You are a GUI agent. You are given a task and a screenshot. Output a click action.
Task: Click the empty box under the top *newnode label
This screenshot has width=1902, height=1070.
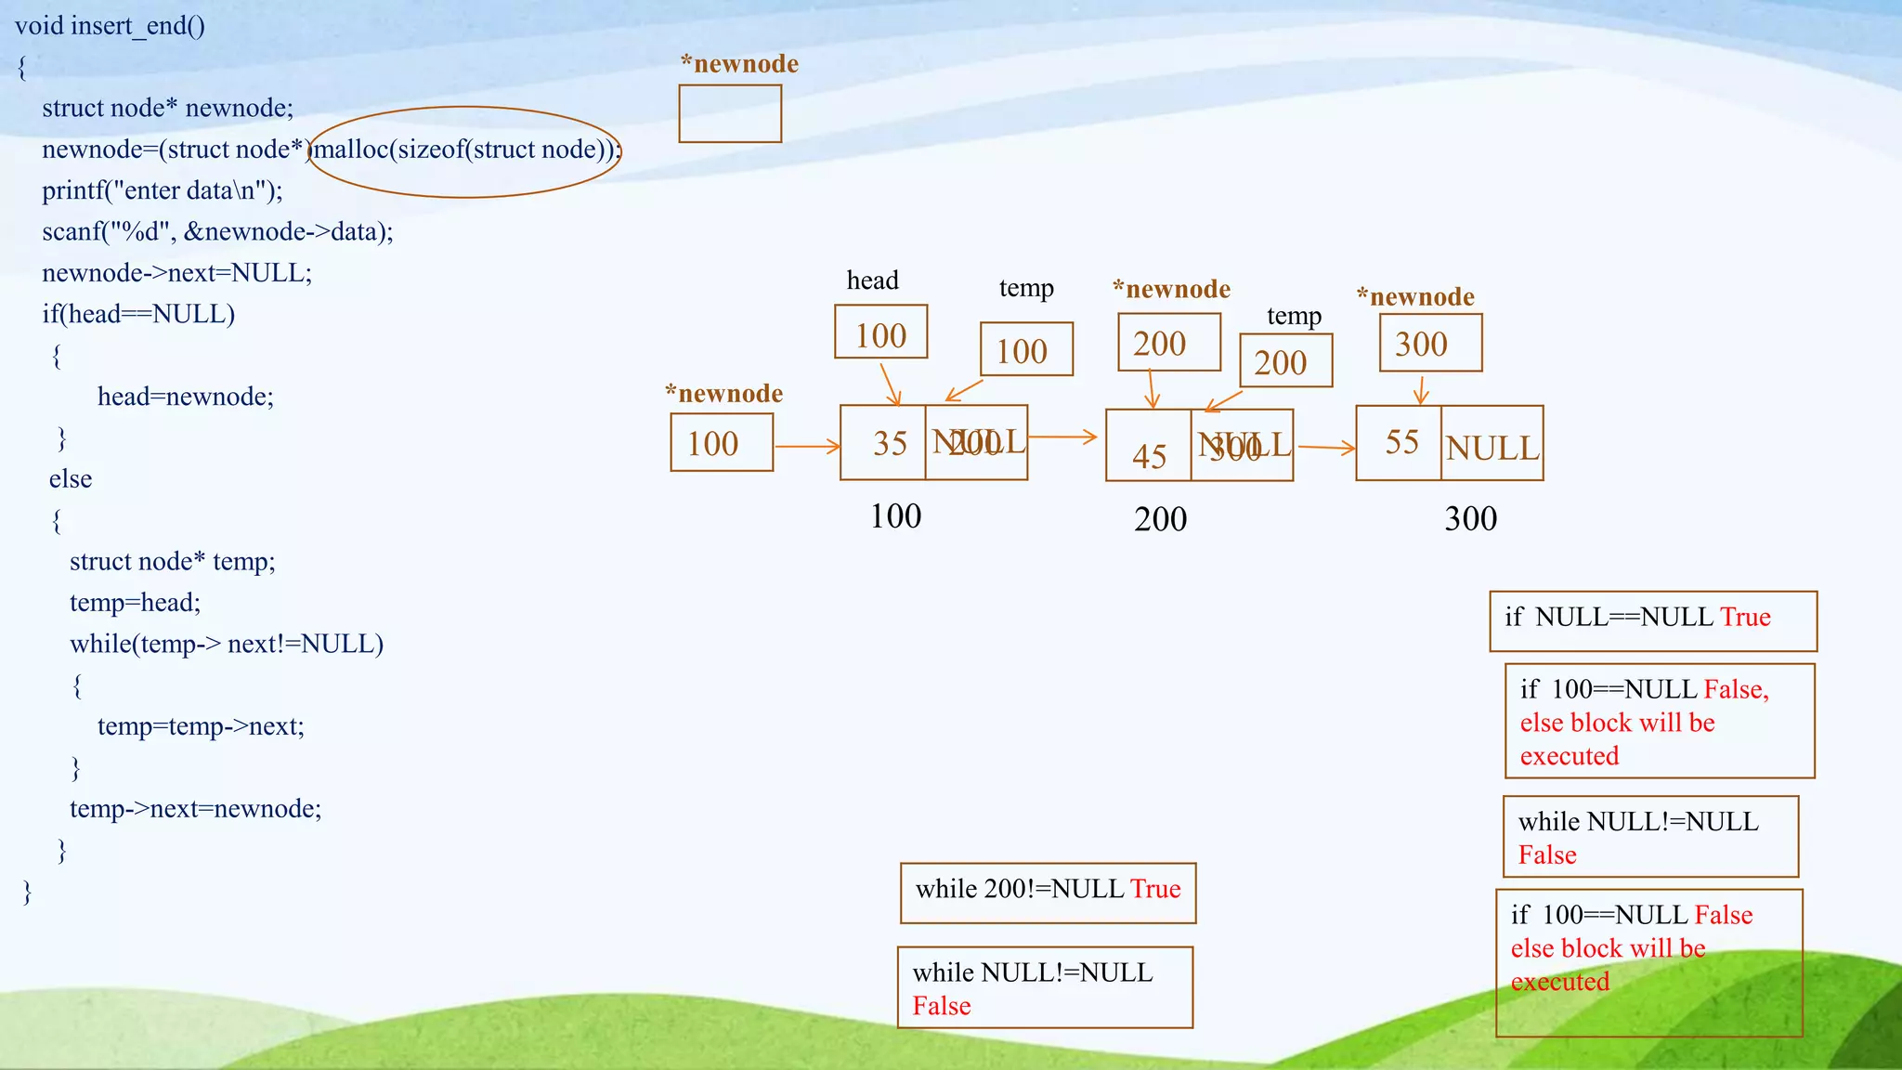tap(730, 114)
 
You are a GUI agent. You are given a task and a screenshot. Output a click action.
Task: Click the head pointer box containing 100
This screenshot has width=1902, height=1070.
tap(880, 333)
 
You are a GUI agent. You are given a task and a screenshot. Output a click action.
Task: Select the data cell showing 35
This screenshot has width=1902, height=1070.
tap(883, 443)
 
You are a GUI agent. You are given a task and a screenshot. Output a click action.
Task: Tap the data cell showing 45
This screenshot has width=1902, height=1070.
tap(1149, 447)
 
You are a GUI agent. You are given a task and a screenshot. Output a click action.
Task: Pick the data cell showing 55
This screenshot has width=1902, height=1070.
tap(1400, 443)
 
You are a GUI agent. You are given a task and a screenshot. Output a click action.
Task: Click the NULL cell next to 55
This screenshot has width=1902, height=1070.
tap(1492, 445)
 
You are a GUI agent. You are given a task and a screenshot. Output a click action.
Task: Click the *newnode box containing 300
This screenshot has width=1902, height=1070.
tap(1430, 344)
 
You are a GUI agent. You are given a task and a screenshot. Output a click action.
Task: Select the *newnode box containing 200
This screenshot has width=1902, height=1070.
tap(1168, 343)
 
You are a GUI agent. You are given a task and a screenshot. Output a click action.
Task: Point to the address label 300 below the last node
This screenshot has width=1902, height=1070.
tap(1470, 519)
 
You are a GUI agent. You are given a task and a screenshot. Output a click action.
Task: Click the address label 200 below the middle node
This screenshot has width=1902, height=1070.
tap(1160, 519)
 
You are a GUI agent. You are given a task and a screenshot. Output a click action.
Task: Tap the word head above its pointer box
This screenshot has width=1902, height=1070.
tap(872, 281)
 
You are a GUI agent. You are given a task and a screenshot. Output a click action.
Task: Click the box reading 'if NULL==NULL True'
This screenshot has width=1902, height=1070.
tap(1652, 620)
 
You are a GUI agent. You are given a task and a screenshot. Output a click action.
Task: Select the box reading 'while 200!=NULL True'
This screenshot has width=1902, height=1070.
tap(1048, 893)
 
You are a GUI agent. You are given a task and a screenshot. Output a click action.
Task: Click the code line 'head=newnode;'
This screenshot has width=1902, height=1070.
tap(186, 397)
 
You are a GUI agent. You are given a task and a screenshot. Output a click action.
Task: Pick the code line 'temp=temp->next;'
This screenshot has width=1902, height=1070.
tap(201, 726)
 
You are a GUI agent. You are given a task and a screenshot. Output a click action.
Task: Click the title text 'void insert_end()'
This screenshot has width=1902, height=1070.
tap(110, 25)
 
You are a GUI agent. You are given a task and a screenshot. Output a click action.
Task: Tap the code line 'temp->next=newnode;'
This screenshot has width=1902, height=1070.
tap(195, 809)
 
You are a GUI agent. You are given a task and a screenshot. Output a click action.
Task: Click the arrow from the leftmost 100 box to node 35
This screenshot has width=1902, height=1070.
tap(806, 447)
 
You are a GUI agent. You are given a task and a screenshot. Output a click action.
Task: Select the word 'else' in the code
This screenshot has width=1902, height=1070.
tap(71, 479)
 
